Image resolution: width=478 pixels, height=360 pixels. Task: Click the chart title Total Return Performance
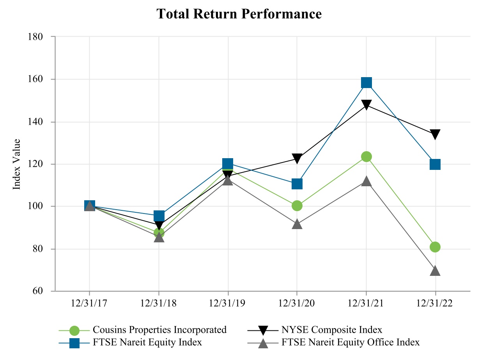239,14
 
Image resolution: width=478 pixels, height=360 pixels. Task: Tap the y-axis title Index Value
16,164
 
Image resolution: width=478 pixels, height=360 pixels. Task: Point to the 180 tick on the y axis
35,37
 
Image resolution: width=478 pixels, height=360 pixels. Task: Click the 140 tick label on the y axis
35,122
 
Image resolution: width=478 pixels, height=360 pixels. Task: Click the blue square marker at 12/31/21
366,83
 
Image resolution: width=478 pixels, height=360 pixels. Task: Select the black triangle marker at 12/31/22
435,135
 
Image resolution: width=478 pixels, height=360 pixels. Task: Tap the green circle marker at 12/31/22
435,247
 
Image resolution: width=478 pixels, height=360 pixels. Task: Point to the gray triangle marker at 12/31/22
435,270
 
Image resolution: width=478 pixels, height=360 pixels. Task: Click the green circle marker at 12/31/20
297,206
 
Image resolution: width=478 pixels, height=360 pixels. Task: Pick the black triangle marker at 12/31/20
297,159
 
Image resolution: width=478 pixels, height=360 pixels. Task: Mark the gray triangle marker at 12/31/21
366,181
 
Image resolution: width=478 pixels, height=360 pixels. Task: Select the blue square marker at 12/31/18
159,216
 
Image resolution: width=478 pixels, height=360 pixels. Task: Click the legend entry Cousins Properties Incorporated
159,330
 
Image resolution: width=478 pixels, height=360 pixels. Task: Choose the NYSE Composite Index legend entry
331,330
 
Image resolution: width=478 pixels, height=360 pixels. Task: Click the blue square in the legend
74,343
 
